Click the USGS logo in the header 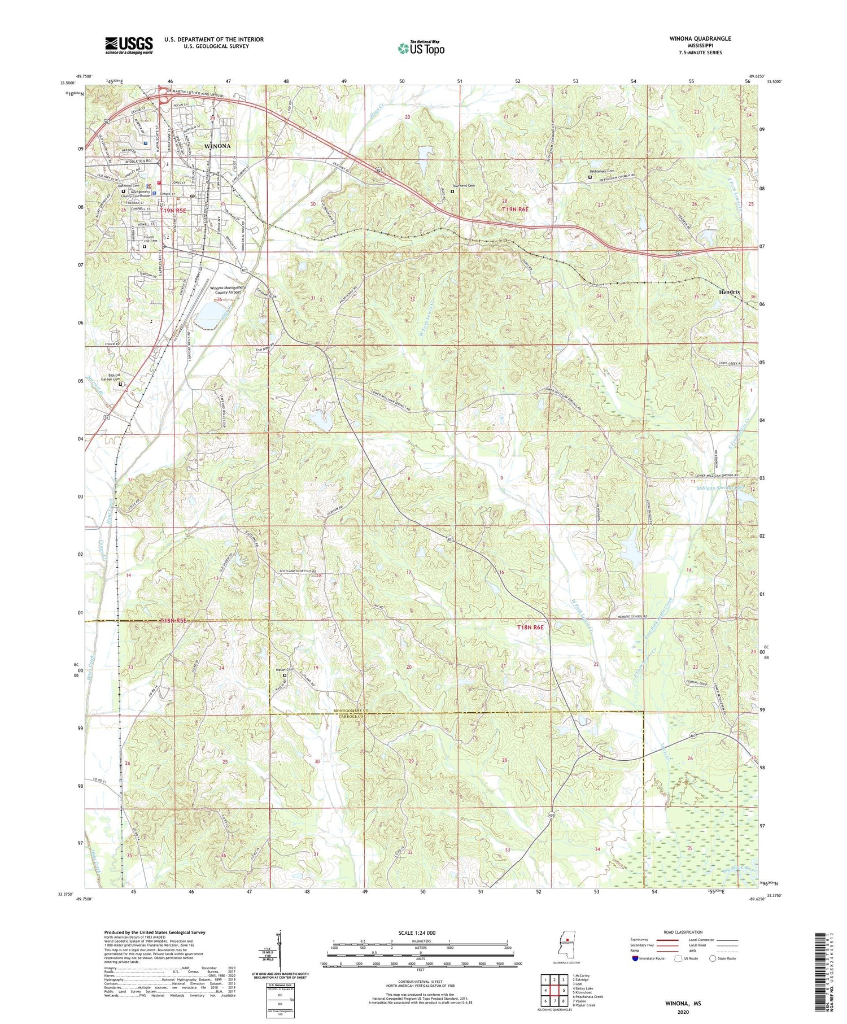pyautogui.click(x=129, y=45)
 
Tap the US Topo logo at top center pyautogui.click(x=421, y=48)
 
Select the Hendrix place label pyautogui.click(x=730, y=292)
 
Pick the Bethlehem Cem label pyautogui.click(x=601, y=171)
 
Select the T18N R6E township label pyautogui.click(x=531, y=628)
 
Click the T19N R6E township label pyautogui.click(x=516, y=210)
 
